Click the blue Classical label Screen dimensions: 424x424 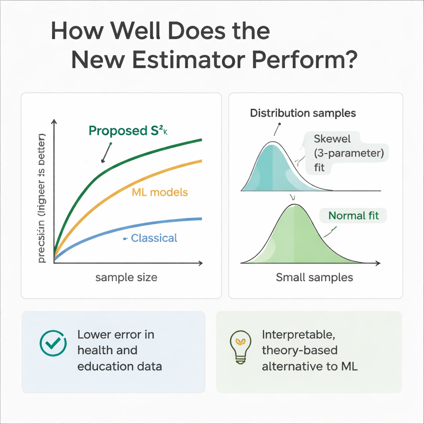pos(154,238)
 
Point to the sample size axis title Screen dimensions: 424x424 pos(126,277)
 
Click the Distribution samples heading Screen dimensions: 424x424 pos(303,113)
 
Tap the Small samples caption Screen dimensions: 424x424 pos(314,277)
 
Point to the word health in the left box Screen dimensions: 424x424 pos(95,350)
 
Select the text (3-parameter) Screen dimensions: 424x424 pos(349,153)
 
